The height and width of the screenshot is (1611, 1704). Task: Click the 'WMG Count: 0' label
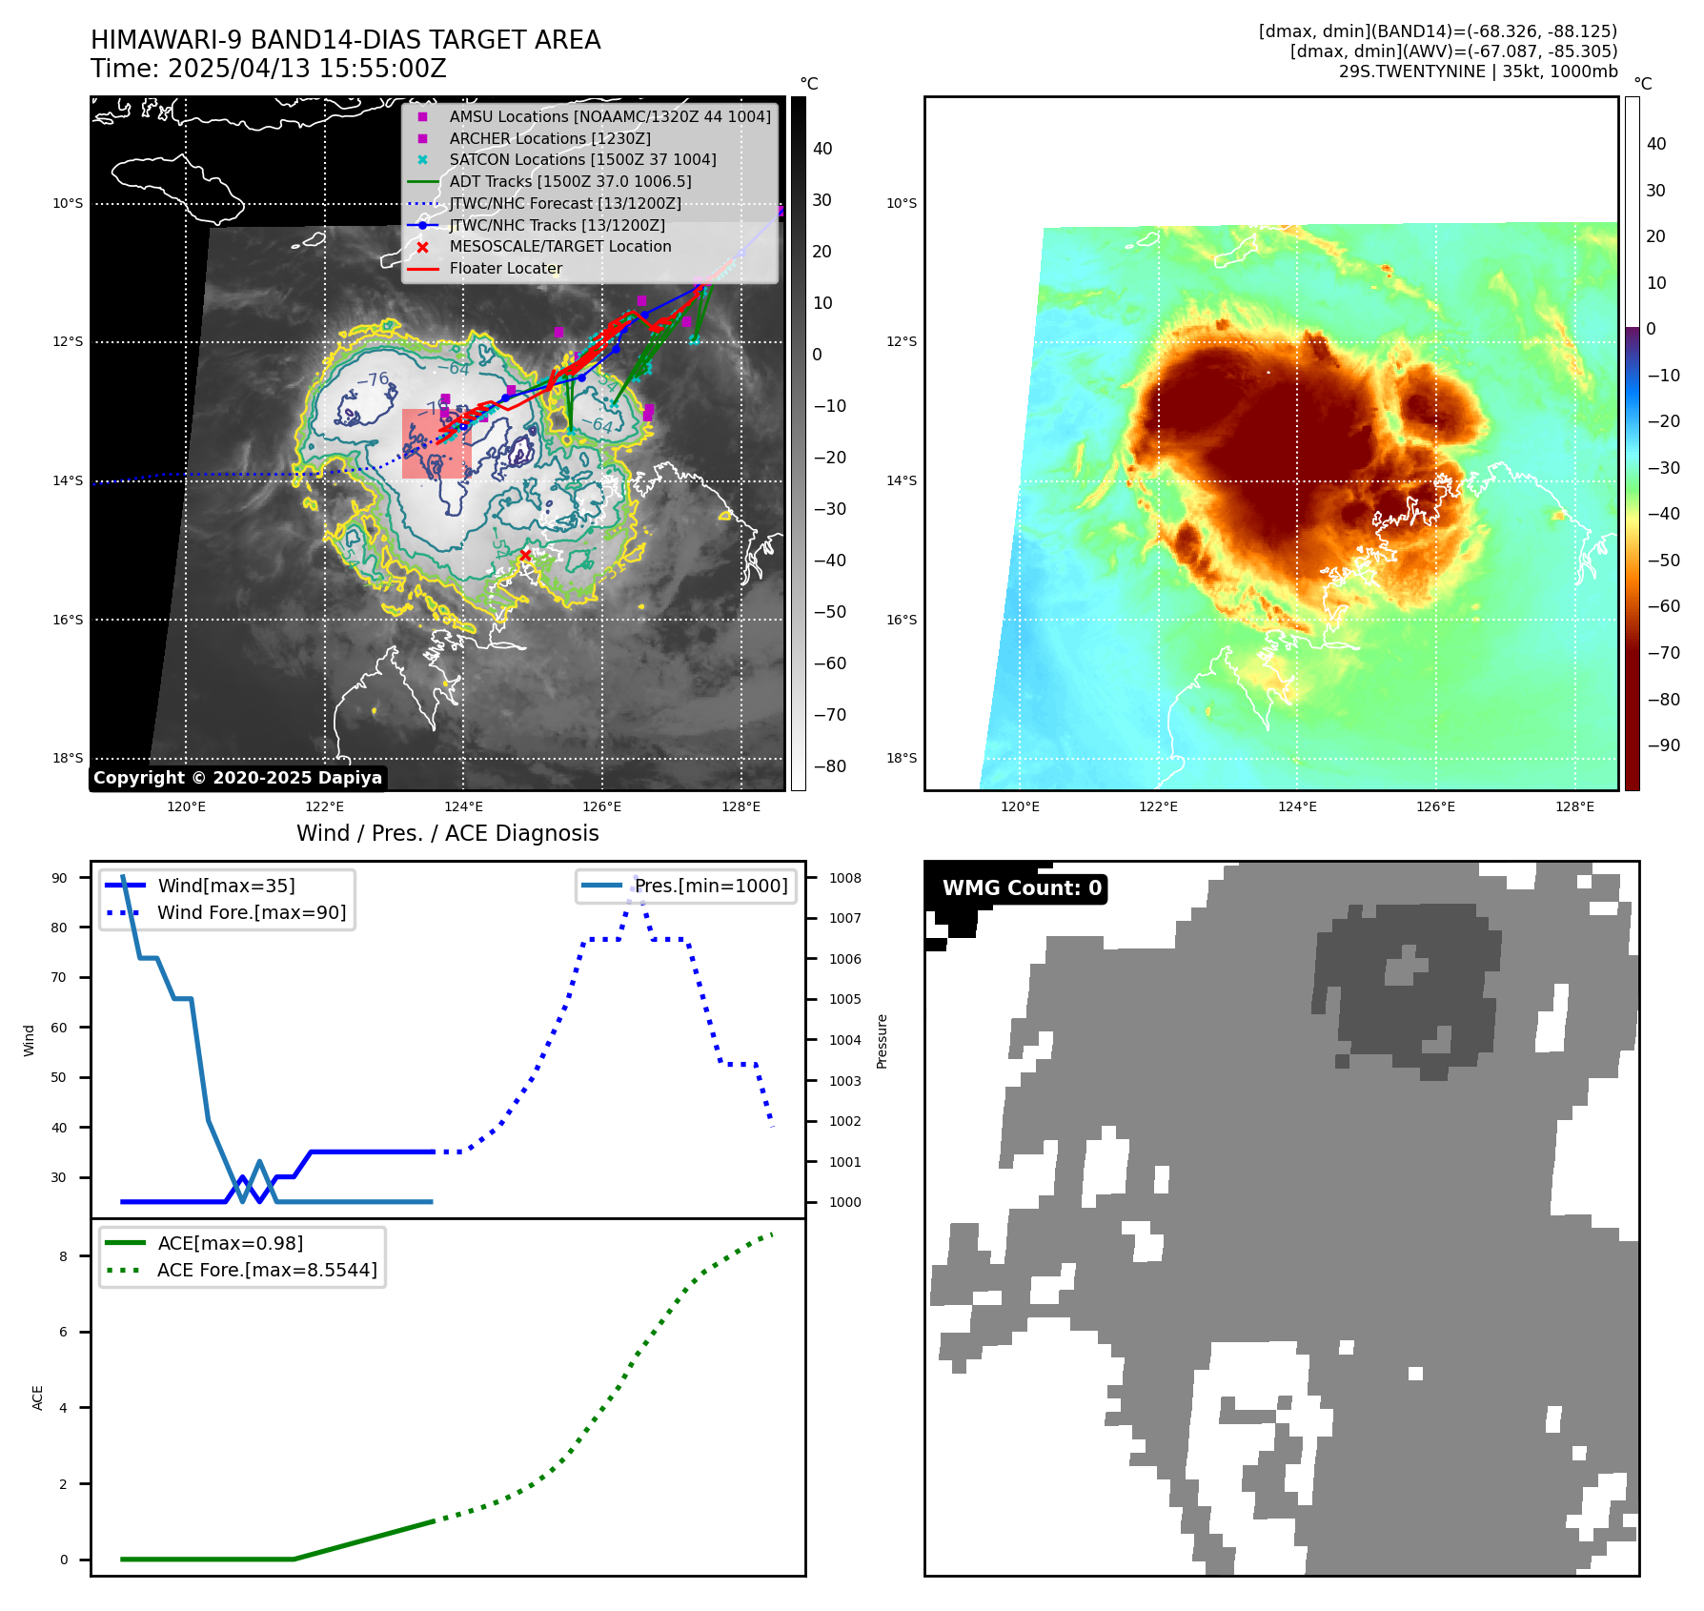pyautogui.click(x=1021, y=888)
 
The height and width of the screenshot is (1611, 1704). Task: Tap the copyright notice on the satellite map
pyautogui.click(x=237, y=778)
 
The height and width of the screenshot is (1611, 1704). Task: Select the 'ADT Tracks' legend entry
pyautogui.click(x=570, y=181)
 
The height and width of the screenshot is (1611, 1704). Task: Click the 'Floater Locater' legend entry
pyautogui.click(x=505, y=268)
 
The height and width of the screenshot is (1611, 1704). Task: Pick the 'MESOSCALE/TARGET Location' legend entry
pyautogui.click(x=559, y=246)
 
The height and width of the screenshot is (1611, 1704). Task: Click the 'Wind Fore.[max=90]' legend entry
pyautogui.click(x=252, y=912)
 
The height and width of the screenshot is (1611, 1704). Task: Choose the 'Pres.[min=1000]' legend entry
pyautogui.click(x=711, y=886)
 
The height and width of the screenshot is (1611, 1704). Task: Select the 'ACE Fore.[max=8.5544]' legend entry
pyautogui.click(x=267, y=1270)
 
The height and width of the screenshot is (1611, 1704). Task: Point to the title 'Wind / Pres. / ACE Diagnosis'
pyautogui.click(x=448, y=833)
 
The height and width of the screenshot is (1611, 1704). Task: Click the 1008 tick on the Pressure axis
pyautogui.click(x=844, y=878)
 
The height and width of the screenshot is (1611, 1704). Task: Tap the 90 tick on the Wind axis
pyautogui.click(x=59, y=878)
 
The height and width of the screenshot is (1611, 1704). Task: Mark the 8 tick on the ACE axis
pyautogui.click(x=63, y=1256)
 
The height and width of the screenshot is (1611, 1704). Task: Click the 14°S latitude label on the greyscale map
pyautogui.click(x=68, y=480)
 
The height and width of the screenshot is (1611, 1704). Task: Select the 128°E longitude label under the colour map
pyautogui.click(x=1574, y=806)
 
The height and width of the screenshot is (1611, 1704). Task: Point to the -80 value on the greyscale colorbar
pyautogui.click(x=829, y=766)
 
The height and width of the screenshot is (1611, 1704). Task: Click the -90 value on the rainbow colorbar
pyautogui.click(x=1664, y=745)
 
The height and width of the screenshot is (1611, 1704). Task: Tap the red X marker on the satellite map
pyautogui.click(x=525, y=555)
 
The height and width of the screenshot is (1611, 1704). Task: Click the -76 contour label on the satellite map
pyautogui.click(x=373, y=379)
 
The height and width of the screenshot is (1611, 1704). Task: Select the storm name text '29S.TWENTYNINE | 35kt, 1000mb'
pyautogui.click(x=1477, y=71)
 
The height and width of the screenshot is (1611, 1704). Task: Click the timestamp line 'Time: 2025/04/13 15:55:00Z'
pyautogui.click(x=269, y=69)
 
